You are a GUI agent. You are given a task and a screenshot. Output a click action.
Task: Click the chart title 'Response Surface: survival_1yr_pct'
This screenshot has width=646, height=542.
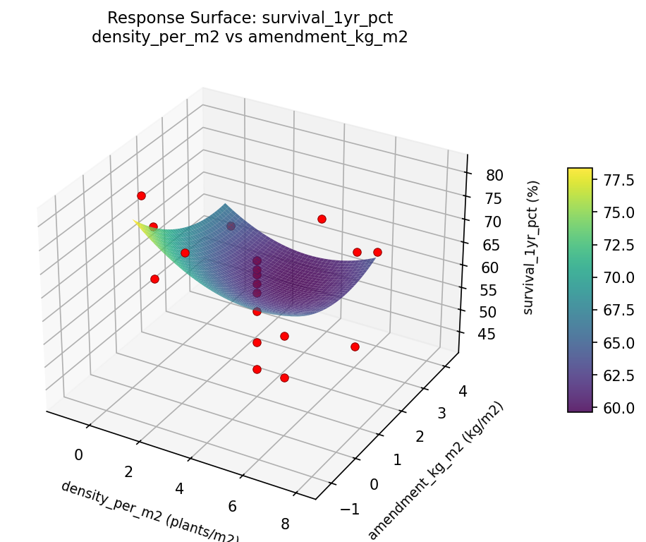pyautogui.click(x=250, y=18)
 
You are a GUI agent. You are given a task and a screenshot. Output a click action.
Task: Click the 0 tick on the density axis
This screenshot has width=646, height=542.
pyautogui.click(x=78, y=455)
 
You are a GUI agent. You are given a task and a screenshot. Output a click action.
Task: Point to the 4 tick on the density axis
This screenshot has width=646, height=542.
pyautogui.click(x=179, y=488)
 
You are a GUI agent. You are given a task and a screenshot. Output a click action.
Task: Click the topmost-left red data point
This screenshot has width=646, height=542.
pyautogui.click(x=141, y=195)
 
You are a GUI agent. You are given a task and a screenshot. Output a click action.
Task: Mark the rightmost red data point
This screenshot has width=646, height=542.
pyautogui.click(x=377, y=252)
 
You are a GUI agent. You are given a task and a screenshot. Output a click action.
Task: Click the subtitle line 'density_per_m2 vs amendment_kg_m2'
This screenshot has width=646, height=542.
pyautogui.click(x=250, y=37)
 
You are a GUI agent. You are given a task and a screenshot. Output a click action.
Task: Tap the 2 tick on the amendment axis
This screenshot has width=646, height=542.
pyautogui.click(x=420, y=437)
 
